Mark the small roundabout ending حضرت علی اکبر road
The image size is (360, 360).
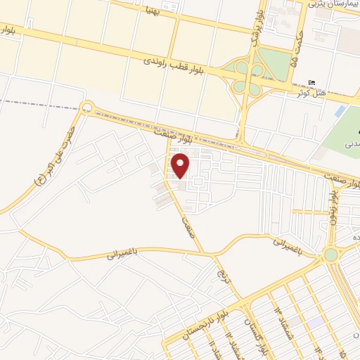[86, 108]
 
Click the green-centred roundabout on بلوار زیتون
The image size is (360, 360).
[330, 255]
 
